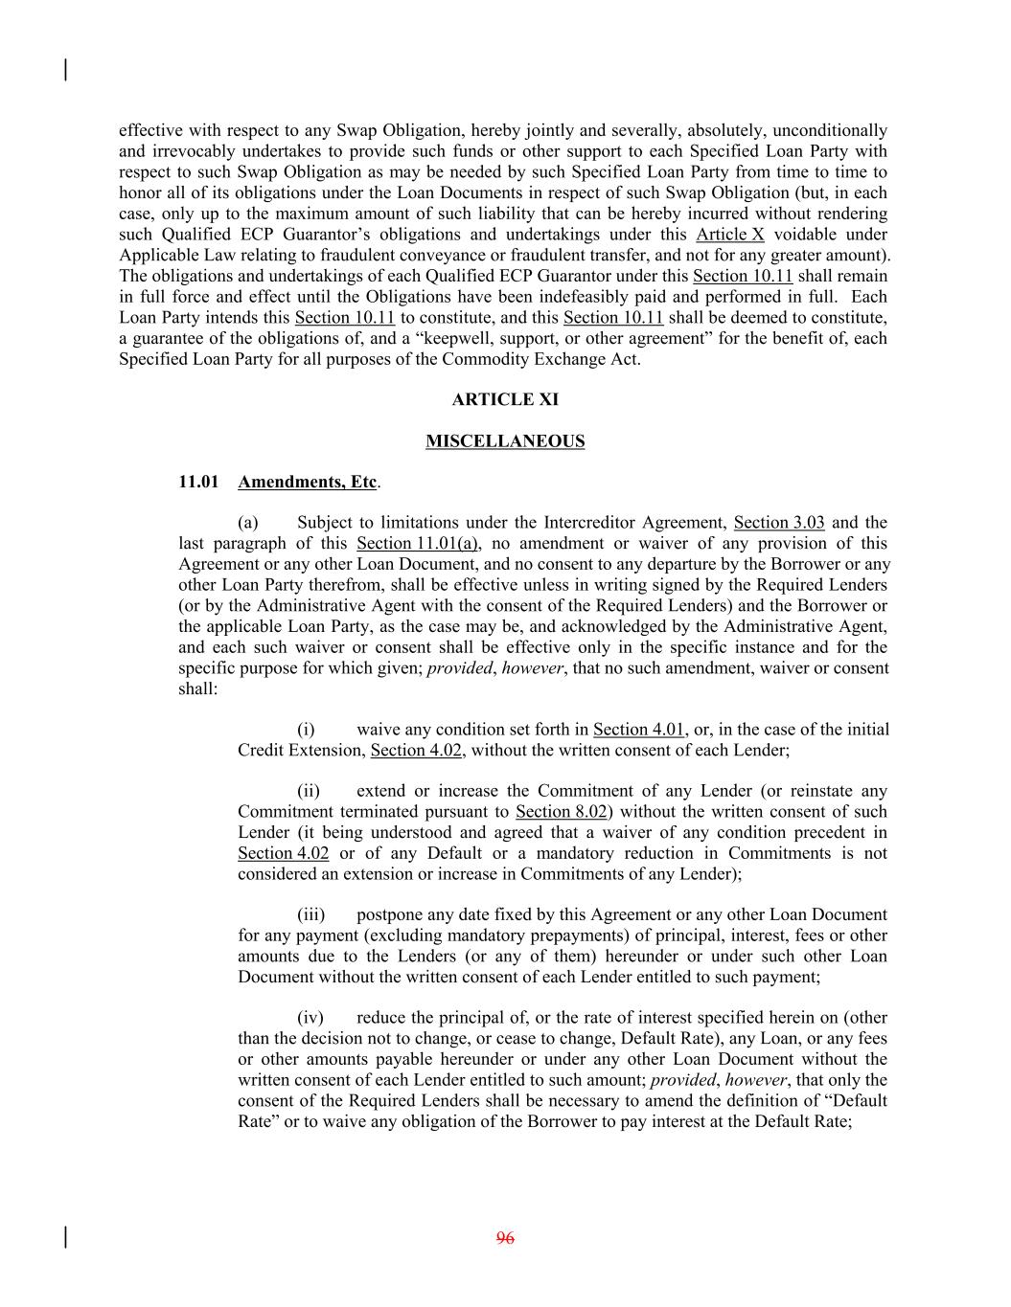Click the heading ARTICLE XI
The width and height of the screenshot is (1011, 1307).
(x=505, y=399)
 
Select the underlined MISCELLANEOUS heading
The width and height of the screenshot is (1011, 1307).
(x=505, y=441)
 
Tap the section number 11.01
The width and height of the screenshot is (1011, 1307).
(x=196, y=482)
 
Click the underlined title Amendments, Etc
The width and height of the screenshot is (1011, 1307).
(x=307, y=482)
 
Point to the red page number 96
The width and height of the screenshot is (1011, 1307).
(x=505, y=1238)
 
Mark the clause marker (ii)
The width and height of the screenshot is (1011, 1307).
(x=308, y=791)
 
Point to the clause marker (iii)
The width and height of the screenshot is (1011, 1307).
(x=310, y=914)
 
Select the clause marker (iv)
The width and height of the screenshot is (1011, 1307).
(x=310, y=1018)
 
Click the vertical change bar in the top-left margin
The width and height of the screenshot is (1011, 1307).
(x=65, y=70)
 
